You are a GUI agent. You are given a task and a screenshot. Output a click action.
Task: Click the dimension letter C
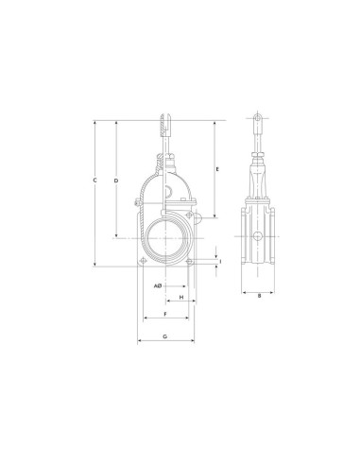94,181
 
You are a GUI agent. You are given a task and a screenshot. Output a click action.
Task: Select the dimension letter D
116,181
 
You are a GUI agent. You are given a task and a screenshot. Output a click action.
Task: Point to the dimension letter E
217,169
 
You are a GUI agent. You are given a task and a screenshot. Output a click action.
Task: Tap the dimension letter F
165,314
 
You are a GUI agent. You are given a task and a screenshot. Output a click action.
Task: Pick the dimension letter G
165,336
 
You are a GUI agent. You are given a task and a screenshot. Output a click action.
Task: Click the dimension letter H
181,297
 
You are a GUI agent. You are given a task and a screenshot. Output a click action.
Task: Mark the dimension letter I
220,262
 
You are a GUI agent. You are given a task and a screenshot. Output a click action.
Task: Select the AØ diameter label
158,286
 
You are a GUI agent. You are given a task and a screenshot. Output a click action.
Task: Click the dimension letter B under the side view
259,296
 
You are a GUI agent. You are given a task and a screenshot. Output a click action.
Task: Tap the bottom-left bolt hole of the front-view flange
144,261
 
